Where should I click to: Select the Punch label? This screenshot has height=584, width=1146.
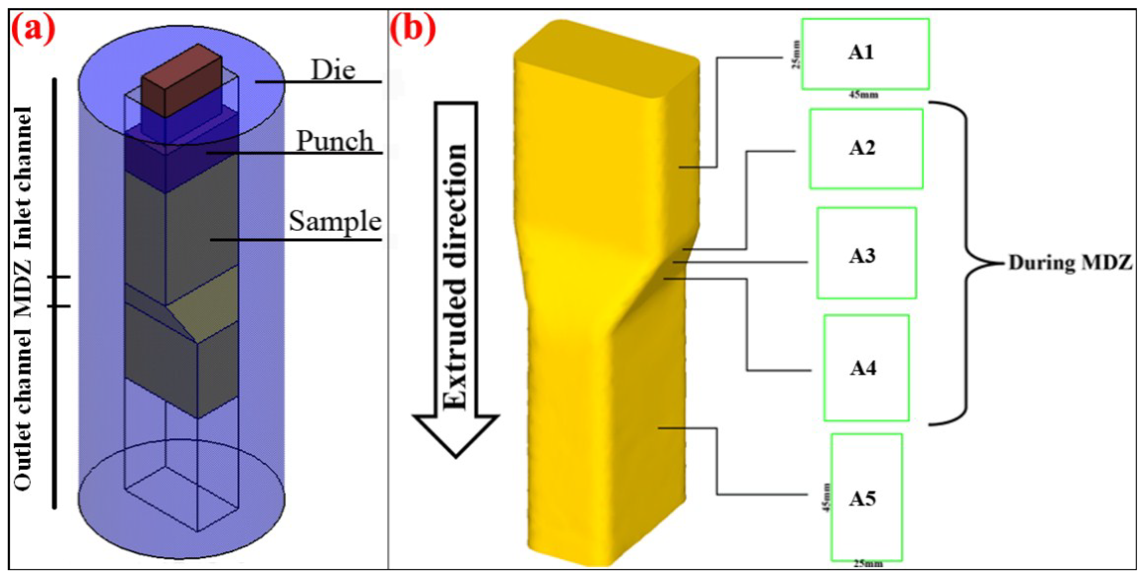point(335,141)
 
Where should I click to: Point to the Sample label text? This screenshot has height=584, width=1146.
point(335,221)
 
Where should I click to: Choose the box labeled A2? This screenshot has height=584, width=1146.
point(866,149)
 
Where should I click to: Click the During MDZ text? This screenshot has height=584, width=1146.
point(1070,263)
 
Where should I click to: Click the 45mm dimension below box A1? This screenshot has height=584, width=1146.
point(863,95)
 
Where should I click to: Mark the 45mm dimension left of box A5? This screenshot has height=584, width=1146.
point(826,497)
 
